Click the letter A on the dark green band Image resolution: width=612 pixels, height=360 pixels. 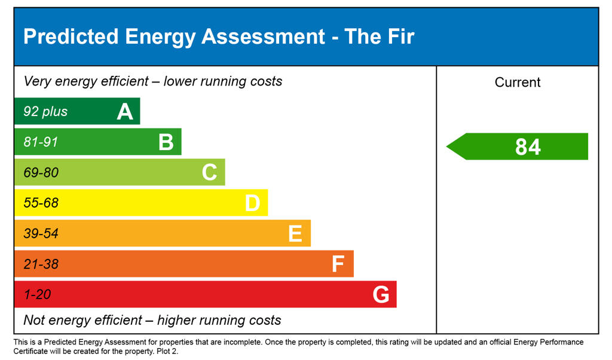coord(125,112)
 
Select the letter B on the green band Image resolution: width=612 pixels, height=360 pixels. coord(166,142)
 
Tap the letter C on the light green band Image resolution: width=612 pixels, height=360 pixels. coord(209,173)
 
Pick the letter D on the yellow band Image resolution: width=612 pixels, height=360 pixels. coord(252,203)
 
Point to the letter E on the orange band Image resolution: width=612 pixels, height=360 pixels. coord(295,234)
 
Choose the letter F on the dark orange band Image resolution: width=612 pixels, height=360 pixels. coord(338,264)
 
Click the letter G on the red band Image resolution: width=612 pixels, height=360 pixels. coord(381,295)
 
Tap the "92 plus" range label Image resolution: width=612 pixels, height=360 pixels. coord(45,112)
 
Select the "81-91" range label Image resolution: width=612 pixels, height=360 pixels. coord(41,142)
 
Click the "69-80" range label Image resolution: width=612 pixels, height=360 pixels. coord(41,173)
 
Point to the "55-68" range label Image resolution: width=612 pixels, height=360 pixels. coord(41,203)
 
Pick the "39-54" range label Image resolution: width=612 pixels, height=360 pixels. coord(41,234)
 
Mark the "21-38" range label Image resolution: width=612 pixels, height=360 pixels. coord(41,264)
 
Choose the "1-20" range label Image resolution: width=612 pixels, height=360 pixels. coord(37,295)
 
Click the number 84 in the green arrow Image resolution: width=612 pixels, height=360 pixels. coord(528,147)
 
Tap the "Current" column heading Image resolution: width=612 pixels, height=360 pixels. coord(518,83)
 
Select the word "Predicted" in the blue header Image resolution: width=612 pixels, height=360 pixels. coord(71,37)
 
